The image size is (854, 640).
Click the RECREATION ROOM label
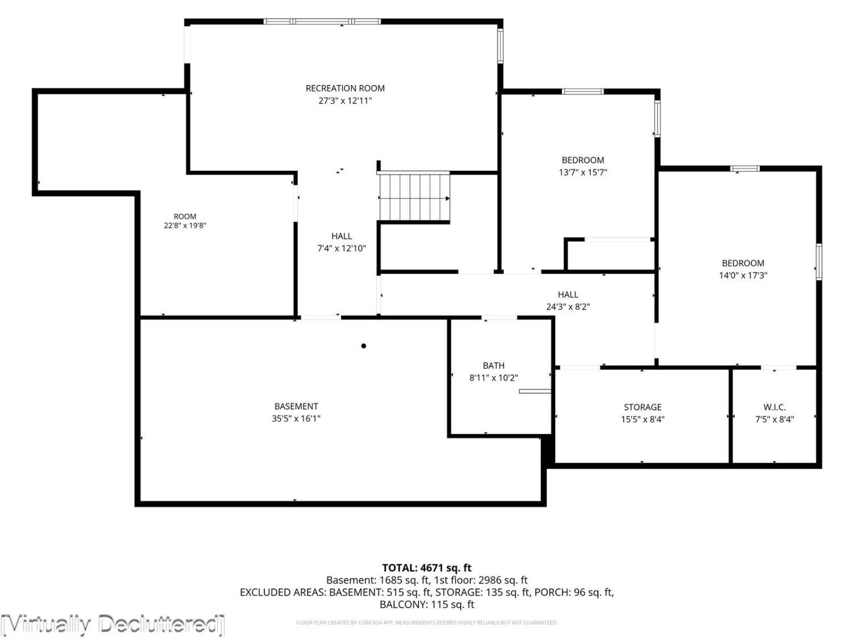click(x=344, y=88)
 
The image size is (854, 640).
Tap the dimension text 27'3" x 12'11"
click(x=345, y=101)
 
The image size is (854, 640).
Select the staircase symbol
click(x=414, y=197)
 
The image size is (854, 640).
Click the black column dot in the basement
click(x=363, y=346)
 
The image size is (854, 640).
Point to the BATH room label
click(x=494, y=365)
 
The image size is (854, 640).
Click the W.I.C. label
click(x=774, y=407)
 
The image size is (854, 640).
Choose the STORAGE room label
click(x=642, y=407)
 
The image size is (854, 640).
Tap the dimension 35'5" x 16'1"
click(x=295, y=418)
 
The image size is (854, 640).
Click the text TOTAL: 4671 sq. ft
click(x=427, y=568)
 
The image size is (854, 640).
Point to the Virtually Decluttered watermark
click(x=112, y=625)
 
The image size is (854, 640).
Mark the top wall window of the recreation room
click(x=322, y=22)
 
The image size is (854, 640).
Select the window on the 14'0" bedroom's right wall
click(x=819, y=262)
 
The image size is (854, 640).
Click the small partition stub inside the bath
click(x=535, y=391)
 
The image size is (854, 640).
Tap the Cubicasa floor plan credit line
click(x=427, y=622)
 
